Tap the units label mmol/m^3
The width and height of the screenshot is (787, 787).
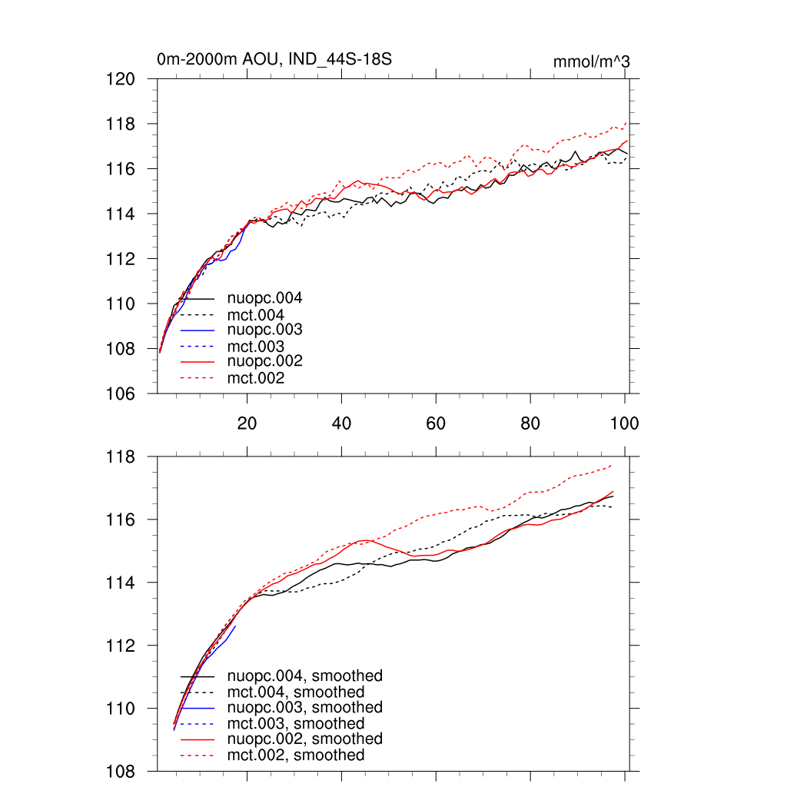[x=592, y=62]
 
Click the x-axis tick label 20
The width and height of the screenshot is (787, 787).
[x=247, y=423]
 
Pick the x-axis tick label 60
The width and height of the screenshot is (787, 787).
[x=436, y=423]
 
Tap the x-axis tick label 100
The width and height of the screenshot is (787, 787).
[x=624, y=423]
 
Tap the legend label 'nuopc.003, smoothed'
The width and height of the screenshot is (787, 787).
[x=305, y=707]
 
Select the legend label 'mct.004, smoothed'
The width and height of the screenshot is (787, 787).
[x=296, y=692]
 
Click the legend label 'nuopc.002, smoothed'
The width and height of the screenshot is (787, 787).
[x=305, y=739]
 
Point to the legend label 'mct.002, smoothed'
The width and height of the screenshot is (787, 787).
[x=296, y=755]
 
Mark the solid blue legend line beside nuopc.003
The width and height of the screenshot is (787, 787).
[x=198, y=330]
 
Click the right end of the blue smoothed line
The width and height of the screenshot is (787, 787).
[x=235, y=626]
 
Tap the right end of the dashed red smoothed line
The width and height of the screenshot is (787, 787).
[x=612, y=465]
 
